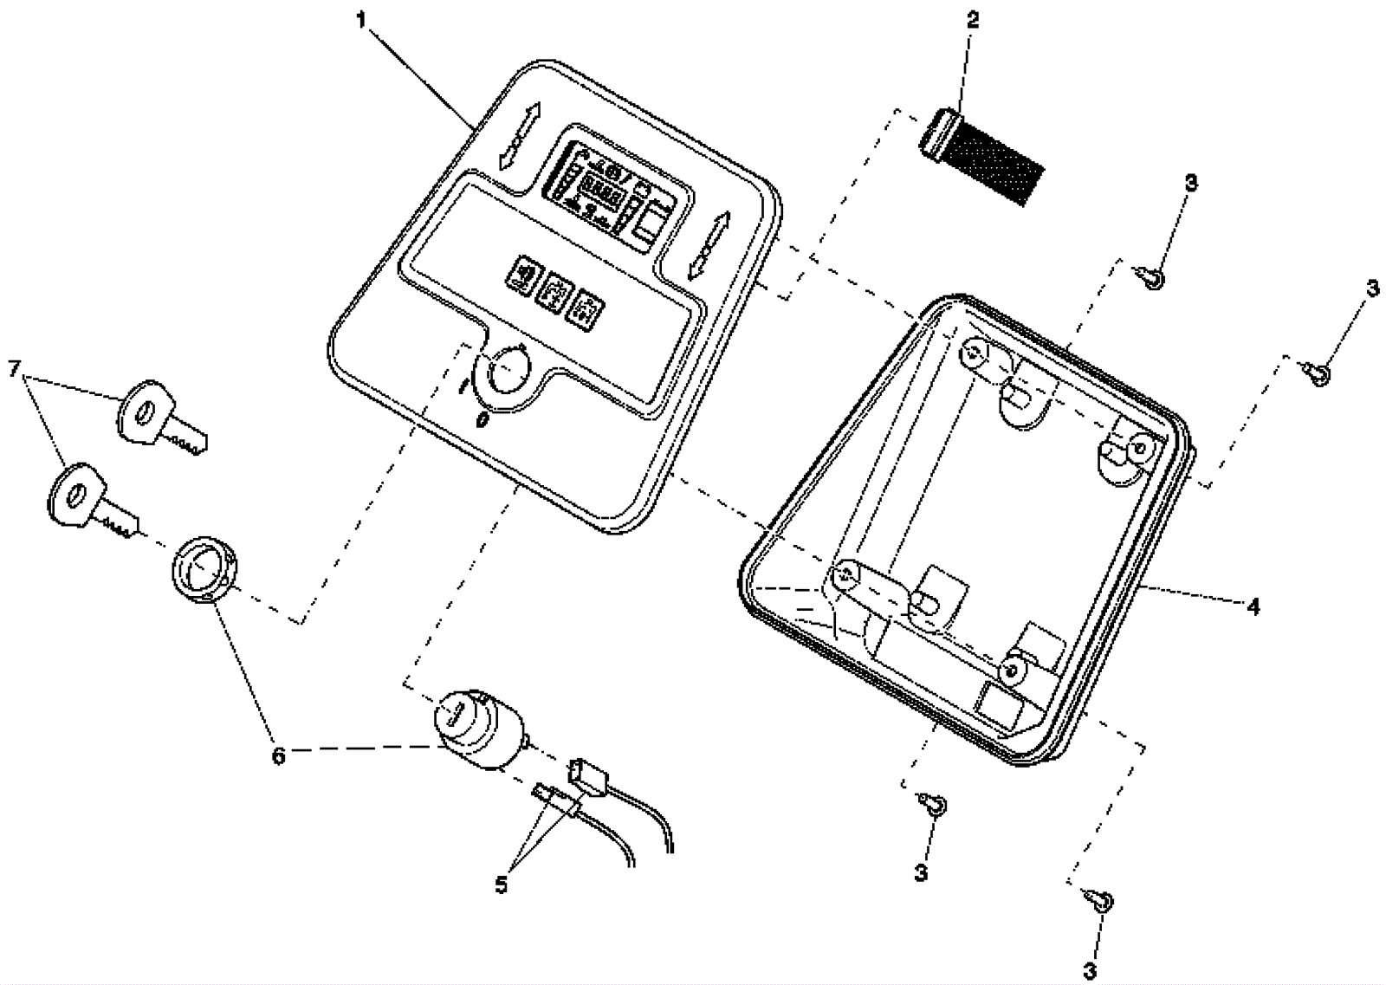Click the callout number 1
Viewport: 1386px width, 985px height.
[x=362, y=18]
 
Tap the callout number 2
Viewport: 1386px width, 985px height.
[x=973, y=20]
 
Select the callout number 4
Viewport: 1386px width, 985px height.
[x=1253, y=606]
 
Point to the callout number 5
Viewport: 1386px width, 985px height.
[x=502, y=885]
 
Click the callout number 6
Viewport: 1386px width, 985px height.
[x=278, y=756]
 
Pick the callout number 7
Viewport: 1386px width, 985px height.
[x=13, y=368]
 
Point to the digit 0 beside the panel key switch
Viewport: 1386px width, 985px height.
[x=482, y=420]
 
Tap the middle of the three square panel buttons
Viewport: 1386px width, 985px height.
[x=554, y=294]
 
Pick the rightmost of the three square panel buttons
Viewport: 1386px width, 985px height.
[x=585, y=310]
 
